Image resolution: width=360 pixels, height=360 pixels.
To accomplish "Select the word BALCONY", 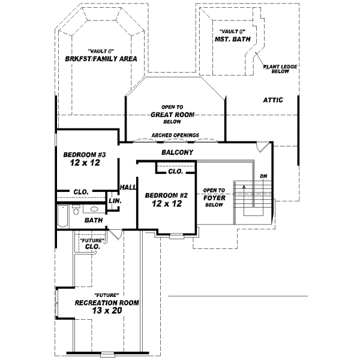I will [176, 153].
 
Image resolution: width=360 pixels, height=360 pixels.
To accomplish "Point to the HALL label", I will [128, 187].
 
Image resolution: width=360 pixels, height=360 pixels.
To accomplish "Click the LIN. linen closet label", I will [115, 201].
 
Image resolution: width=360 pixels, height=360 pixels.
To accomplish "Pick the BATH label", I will [94, 220].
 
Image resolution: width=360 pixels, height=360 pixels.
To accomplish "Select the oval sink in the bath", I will [95, 209].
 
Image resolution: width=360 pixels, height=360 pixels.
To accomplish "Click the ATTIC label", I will [273, 100].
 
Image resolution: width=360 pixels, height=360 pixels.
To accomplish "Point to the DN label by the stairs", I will [263, 176].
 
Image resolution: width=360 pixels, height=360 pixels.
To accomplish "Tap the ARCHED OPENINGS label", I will [175, 136].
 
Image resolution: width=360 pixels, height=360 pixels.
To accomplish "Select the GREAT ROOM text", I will [176, 113].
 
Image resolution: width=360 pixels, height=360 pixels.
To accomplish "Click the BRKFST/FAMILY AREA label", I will [101, 59].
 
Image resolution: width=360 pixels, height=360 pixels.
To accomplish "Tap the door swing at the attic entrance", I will [260, 148].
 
